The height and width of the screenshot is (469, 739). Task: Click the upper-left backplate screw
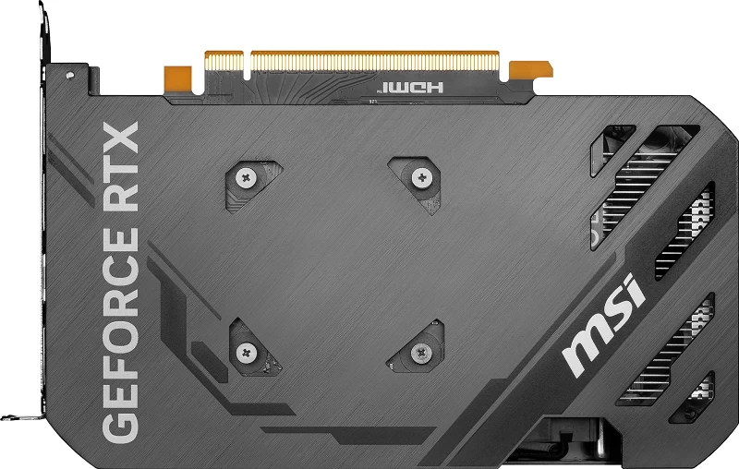(x=246, y=178)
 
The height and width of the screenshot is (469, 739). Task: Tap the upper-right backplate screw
(x=422, y=176)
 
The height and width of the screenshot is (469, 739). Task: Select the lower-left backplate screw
(x=247, y=351)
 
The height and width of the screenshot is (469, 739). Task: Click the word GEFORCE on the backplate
(x=119, y=332)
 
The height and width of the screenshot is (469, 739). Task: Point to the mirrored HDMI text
(x=411, y=88)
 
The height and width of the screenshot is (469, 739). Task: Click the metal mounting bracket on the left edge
(x=42, y=231)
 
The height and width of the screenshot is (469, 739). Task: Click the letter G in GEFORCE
(x=119, y=420)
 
